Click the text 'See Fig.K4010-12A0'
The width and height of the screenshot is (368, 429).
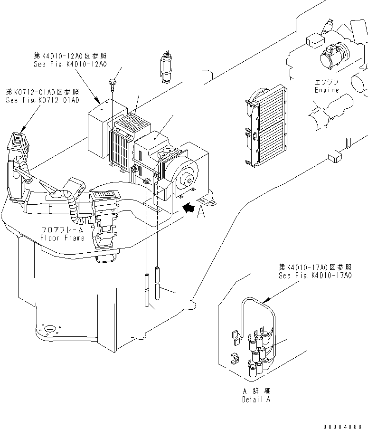pos(70,64)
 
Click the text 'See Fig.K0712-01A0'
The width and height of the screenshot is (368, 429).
pos(42,100)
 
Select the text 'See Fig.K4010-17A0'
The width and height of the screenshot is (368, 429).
pos(315,276)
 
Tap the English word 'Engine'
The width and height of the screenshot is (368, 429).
pos(327,90)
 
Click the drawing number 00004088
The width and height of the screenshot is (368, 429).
pos(345,426)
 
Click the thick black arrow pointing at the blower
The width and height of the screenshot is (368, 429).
pos(189,207)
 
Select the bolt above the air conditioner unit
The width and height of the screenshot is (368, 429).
pos(112,84)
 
